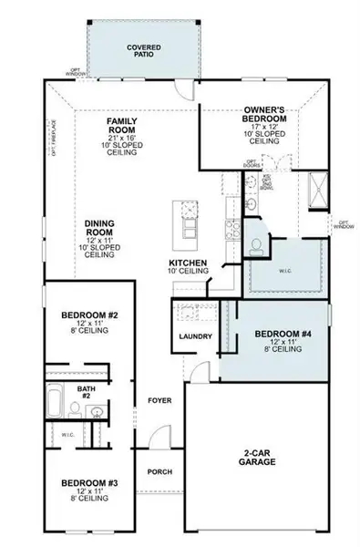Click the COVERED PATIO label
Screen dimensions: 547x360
[143, 47]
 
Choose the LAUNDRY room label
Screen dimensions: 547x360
[197, 337]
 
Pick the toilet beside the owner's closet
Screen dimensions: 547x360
[256, 243]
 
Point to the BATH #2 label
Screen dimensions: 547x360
[85, 392]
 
